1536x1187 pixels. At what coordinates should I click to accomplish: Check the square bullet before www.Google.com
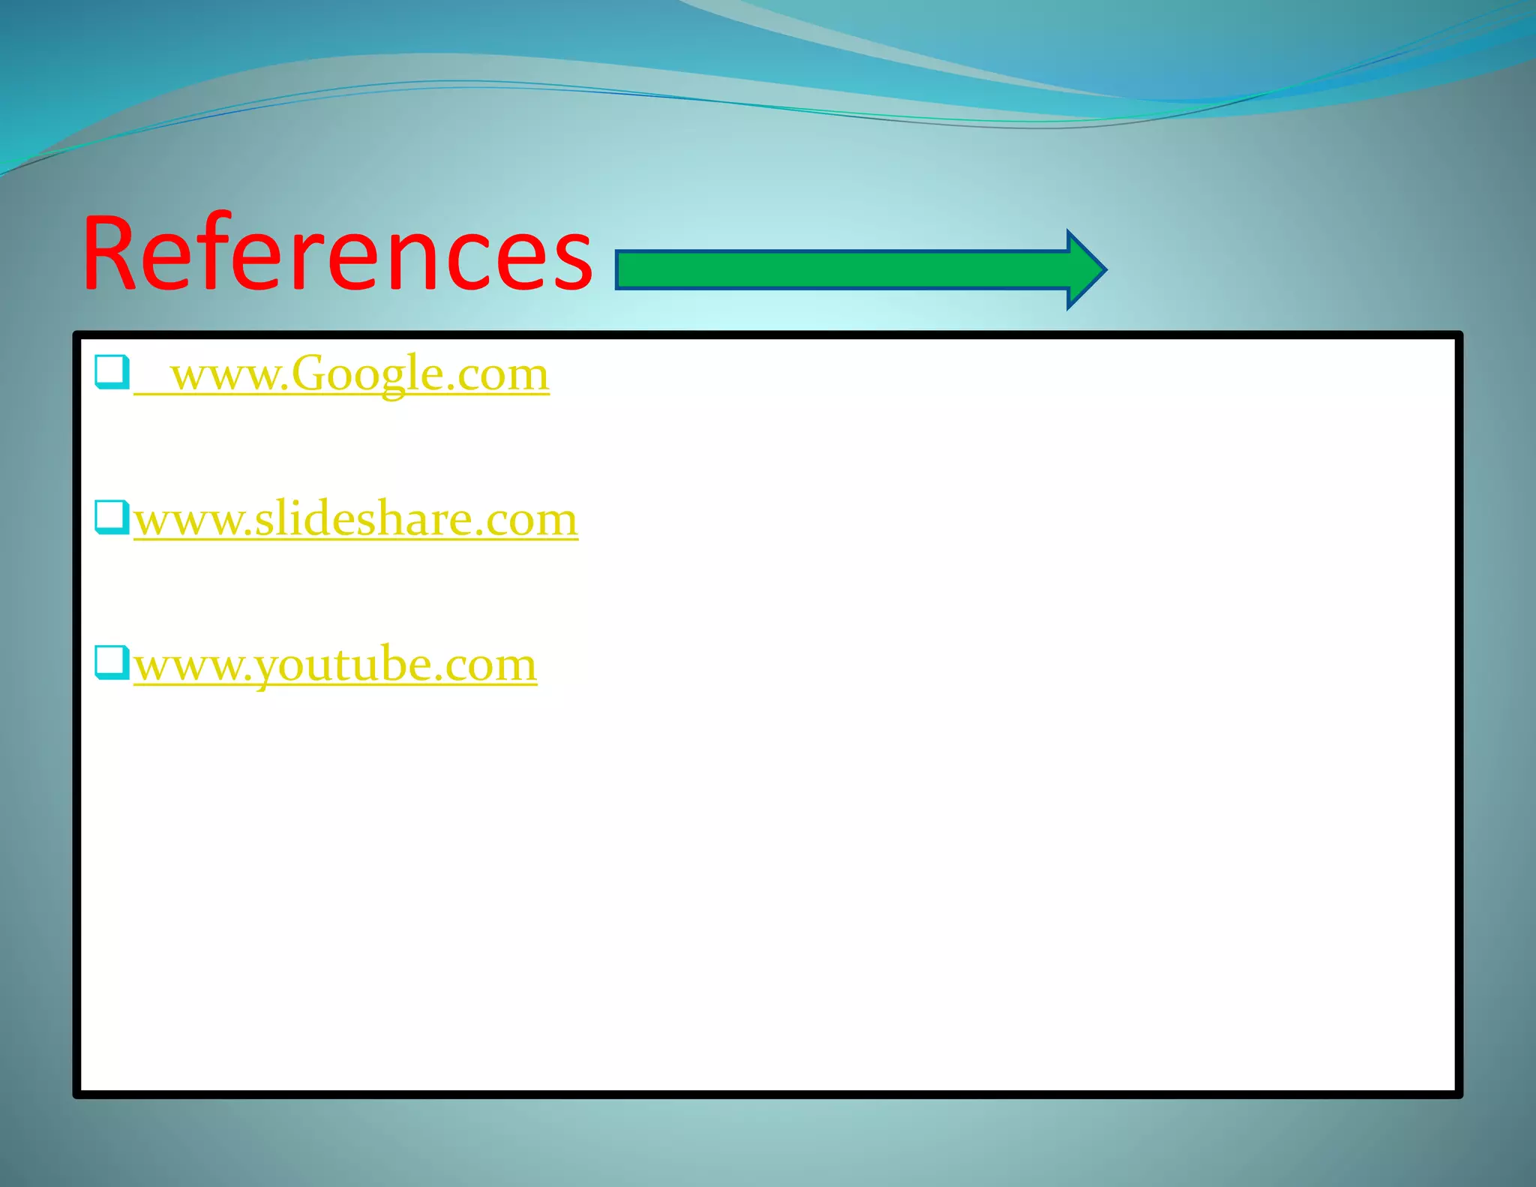(112, 372)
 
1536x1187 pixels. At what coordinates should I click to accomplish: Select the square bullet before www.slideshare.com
(112, 517)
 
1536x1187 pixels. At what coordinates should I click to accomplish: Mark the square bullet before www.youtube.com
(112, 663)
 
